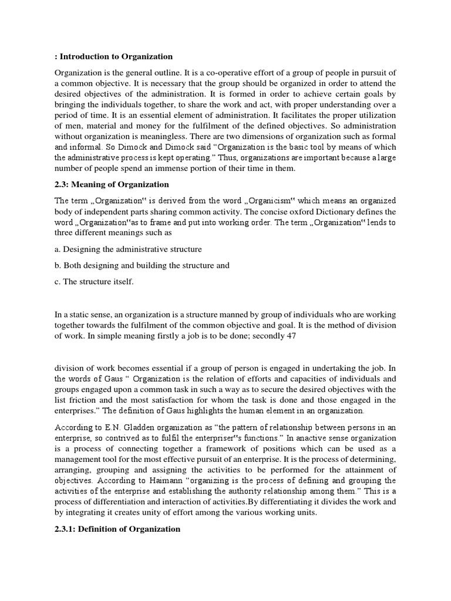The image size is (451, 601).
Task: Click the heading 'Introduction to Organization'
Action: coord(115,56)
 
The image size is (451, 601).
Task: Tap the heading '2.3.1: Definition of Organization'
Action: coord(117,529)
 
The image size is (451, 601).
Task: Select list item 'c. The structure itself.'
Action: coord(95,282)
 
